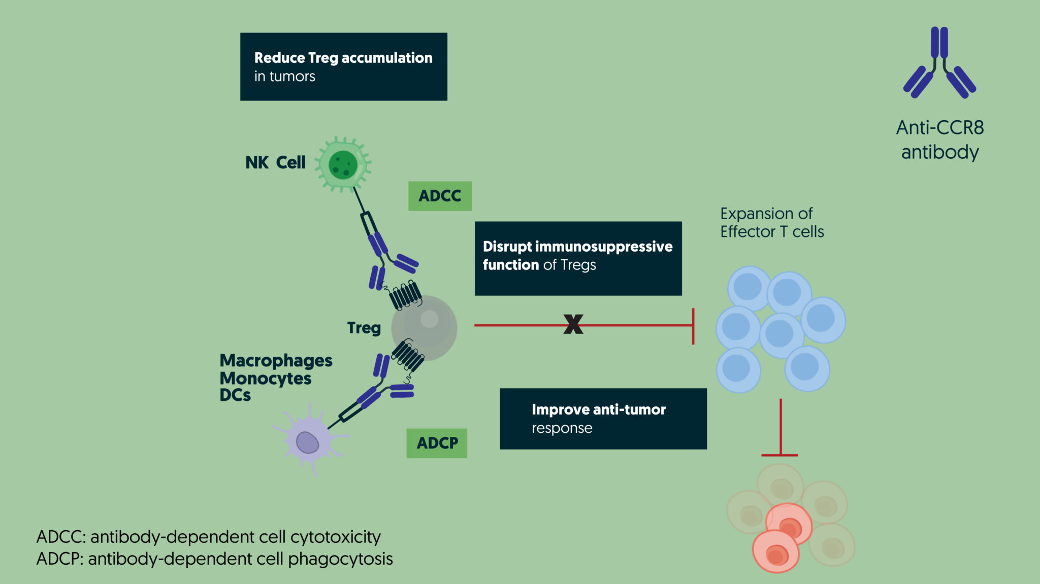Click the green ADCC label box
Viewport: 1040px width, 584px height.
[440, 196]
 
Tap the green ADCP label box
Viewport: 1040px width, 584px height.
[437, 443]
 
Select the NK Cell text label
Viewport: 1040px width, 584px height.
[275, 162]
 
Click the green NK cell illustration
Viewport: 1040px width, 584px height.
[343, 164]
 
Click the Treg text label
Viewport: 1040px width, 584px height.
[364, 328]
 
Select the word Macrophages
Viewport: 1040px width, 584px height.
[276, 361]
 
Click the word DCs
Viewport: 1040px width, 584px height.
[235, 395]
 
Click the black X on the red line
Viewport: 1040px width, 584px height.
[573, 324]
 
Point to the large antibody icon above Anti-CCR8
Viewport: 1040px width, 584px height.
[939, 63]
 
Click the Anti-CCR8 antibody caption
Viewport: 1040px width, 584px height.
[940, 140]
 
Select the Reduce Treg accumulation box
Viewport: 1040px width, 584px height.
[343, 66]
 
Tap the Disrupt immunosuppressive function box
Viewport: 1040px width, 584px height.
[578, 258]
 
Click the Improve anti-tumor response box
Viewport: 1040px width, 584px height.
[603, 419]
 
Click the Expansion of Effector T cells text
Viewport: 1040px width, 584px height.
[771, 222]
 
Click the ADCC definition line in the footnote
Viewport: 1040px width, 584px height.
[208, 537]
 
